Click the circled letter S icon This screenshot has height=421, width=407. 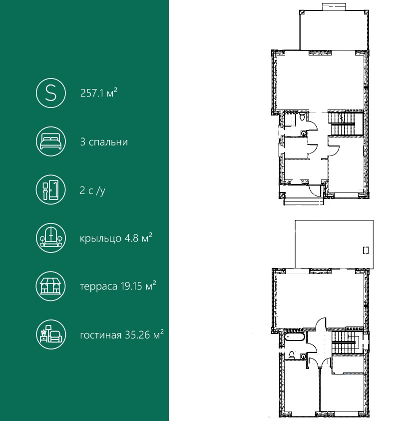[50, 93]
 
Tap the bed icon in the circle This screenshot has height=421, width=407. [50, 141]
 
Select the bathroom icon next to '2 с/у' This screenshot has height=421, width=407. [50, 190]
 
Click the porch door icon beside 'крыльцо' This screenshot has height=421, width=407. [50, 238]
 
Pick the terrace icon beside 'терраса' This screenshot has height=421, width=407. [50, 286]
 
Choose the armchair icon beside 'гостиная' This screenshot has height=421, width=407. [50, 334]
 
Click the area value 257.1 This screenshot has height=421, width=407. [92, 93]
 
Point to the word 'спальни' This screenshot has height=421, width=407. [108, 142]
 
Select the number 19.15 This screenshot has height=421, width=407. [131, 286]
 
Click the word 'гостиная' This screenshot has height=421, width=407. [100, 335]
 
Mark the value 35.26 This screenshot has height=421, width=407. [137, 335]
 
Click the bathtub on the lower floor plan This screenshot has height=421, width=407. [295, 337]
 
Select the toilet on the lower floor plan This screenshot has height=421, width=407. [292, 355]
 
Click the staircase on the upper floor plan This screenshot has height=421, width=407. [343, 124]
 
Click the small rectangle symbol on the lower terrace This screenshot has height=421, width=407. [366, 250]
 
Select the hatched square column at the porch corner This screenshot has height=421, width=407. [281, 195]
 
